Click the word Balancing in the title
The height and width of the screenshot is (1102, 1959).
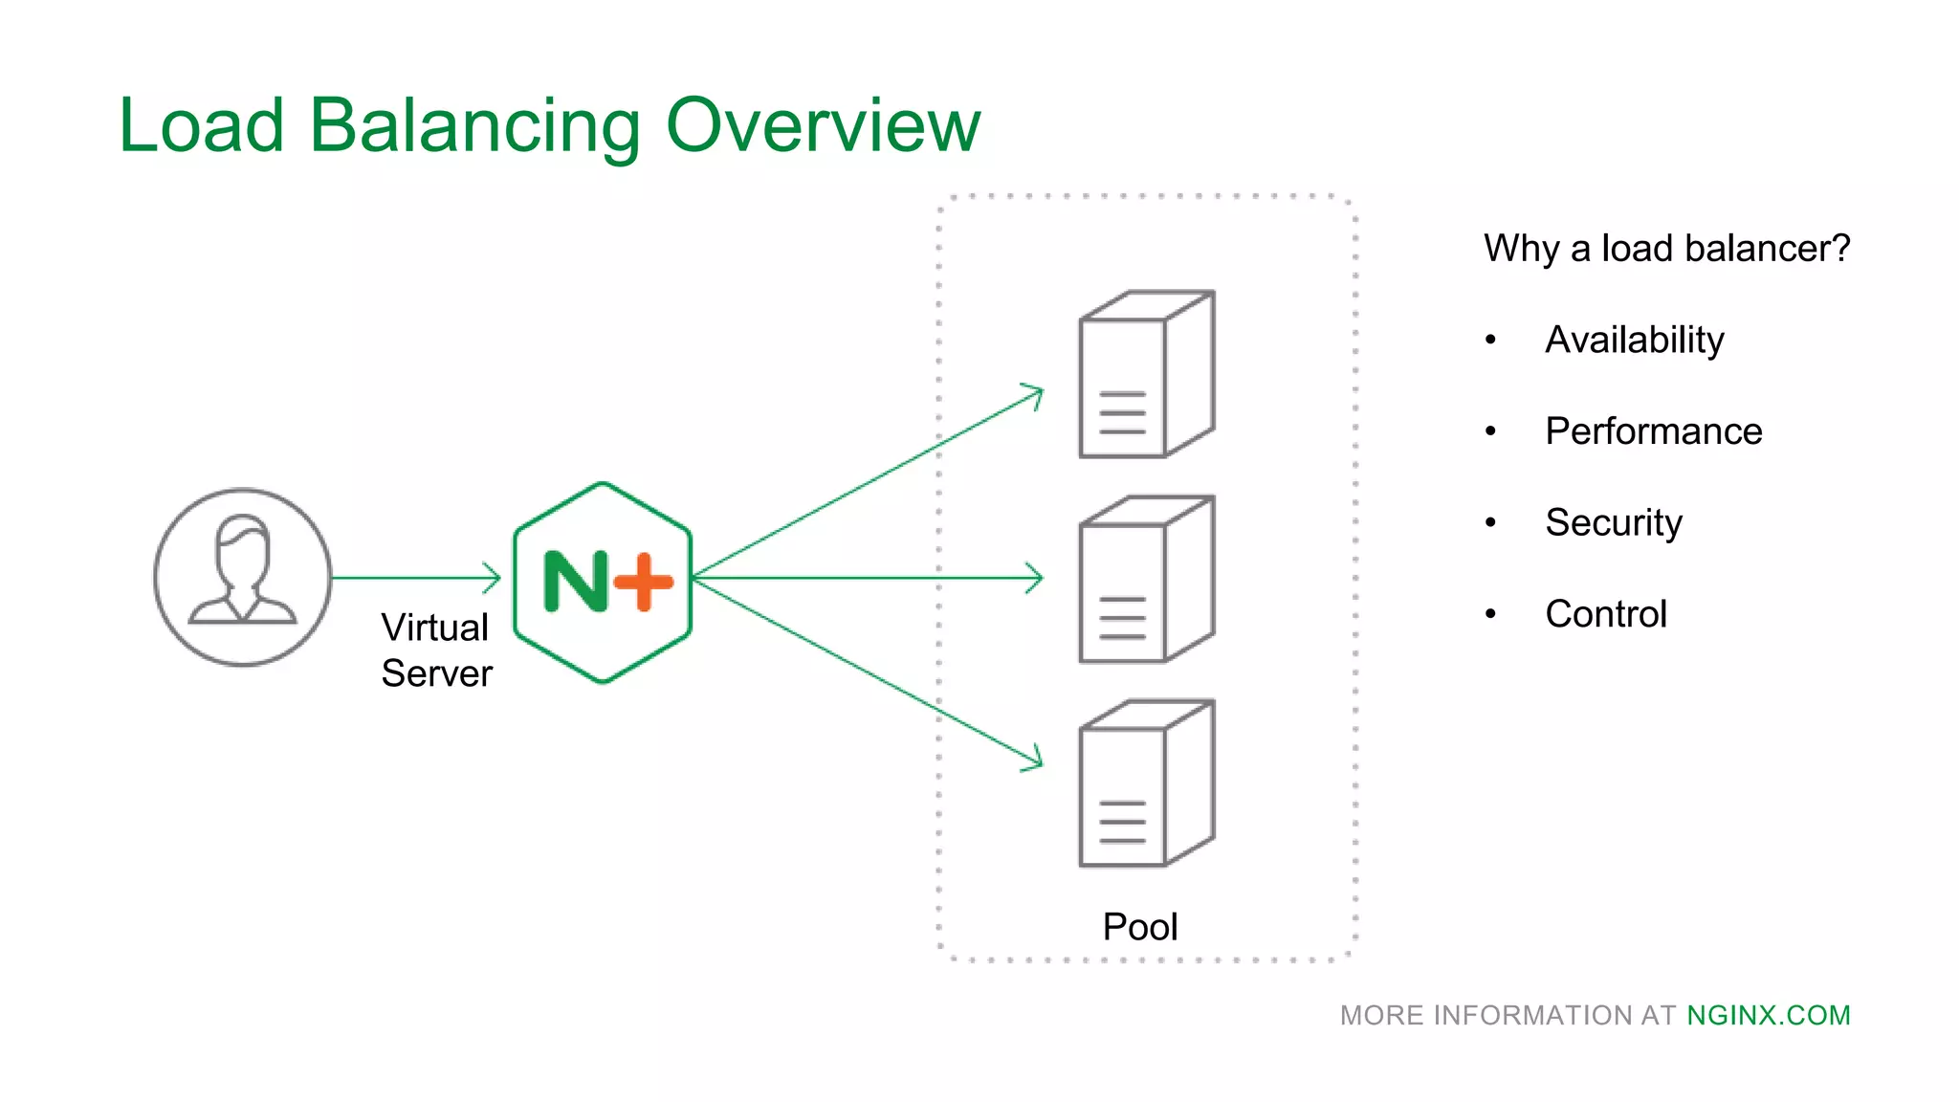click(474, 125)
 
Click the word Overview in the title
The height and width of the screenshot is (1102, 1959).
click(823, 125)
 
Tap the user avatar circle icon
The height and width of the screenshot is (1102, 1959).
click(243, 577)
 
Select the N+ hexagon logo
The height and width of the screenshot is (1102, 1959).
click(603, 583)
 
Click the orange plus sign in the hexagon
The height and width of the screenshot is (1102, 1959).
click(644, 581)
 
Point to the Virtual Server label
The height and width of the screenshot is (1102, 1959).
click(436, 650)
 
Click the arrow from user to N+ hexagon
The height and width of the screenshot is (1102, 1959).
click(416, 578)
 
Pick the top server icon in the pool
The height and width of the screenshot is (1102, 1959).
click(1146, 374)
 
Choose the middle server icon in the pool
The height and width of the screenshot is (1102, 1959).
click(1146, 579)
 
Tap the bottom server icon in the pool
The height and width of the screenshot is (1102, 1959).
click(1146, 783)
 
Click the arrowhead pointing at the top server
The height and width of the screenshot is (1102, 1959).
click(1035, 394)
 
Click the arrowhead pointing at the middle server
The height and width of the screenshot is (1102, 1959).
click(1035, 578)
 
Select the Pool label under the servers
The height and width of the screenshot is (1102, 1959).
click(1139, 927)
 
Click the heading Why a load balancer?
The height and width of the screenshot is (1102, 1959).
click(1666, 249)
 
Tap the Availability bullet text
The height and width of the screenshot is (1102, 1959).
click(1634, 341)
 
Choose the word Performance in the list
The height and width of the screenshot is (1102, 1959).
click(1653, 431)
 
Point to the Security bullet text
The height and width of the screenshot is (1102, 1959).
click(1613, 523)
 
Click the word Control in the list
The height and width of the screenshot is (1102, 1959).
click(1605, 614)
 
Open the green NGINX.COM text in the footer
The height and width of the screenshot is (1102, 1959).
click(1768, 1015)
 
